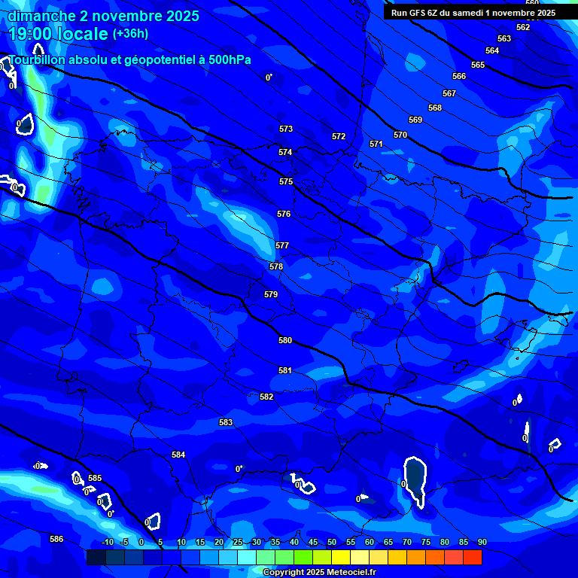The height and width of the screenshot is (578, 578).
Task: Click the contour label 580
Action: [x=284, y=341]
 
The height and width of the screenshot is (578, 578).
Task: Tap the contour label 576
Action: [x=283, y=214]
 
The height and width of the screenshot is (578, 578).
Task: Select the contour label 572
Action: [x=339, y=136]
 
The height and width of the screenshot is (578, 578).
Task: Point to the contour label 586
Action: [x=56, y=539]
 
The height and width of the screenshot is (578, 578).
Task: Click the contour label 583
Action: [x=226, y=422]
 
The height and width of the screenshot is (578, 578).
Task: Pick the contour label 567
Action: [x=449, y=93]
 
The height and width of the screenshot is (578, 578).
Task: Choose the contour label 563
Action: [x=504, y=38]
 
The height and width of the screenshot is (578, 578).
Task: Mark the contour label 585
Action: [x=95, y=478]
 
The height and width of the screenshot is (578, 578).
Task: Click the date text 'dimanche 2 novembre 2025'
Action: [x=103, y=16]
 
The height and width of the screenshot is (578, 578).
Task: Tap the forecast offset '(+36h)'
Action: [x=130, y=33]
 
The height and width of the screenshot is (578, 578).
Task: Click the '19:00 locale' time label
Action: [x=58, y=34]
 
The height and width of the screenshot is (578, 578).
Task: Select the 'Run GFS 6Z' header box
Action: [x=473, y=13]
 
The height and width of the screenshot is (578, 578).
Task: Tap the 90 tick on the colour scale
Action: [x=482, y=542]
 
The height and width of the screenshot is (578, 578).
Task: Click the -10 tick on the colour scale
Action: [x=108, y=542]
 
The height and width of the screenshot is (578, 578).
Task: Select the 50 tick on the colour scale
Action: [x=332, y=542]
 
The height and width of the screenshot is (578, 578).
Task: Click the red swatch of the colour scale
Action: [x=472, y=557]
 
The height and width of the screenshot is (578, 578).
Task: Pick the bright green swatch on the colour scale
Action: [x=303, y=557]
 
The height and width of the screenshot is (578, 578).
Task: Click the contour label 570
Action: [x=400, y=135]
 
